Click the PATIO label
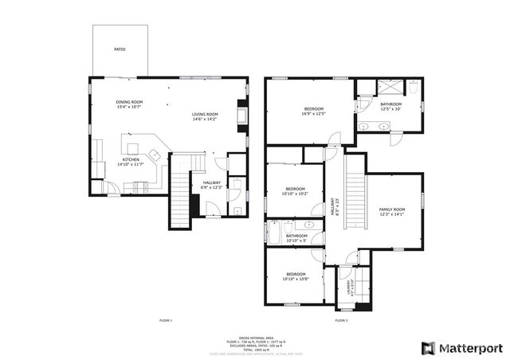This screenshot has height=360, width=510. tap(120, 49)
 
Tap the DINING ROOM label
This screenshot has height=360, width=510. tap(129, 104)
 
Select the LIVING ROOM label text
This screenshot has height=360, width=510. tap(205, 117)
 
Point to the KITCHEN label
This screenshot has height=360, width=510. tap(131, 162)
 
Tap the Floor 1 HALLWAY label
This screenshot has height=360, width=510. tap(212, 185)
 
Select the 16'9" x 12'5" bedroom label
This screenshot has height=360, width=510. tap(315, 111)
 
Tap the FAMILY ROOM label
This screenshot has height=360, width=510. tap(391, 211)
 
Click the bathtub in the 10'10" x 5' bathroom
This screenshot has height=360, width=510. tap(275, 236)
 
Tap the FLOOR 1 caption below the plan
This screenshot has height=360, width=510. tap(166, 320)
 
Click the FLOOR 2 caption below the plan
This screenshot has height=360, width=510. tap(341, 320)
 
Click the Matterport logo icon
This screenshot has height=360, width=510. tap(428, 348)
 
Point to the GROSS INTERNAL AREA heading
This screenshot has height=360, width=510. tap(255, 337)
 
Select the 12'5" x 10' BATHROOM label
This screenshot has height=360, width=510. tap(390, 106)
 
